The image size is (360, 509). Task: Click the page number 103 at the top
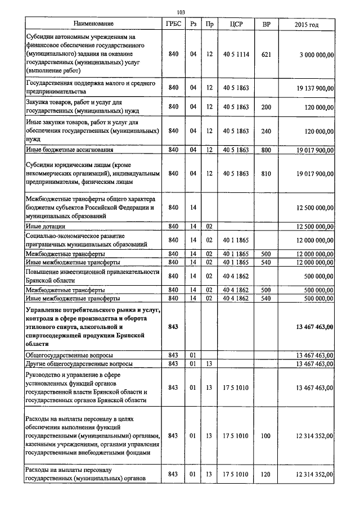[x=181, y=12]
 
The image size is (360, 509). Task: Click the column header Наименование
[x=93, y=24]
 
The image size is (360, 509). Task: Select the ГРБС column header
[x=173, y=24]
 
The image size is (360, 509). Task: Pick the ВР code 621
[x=266, y=55]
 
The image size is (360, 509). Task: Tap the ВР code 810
[x=266, y=174]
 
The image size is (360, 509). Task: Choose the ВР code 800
[x=266, y=150]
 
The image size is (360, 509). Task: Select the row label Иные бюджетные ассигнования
[x=70, y=150]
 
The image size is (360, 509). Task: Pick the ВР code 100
[x=266, y=435]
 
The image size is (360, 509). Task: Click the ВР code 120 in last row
[x=266, y=474]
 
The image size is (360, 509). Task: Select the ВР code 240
[x=266, y=131]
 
